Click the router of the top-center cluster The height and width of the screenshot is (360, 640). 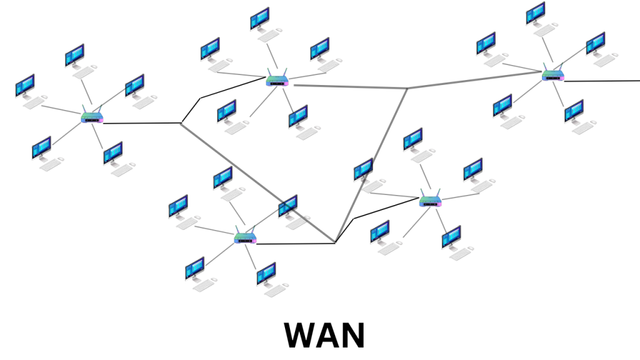click(276, 81)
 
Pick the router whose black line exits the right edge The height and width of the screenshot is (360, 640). click(552, 76)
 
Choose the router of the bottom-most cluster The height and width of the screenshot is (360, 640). click(245, 238)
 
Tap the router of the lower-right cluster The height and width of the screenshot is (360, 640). click(431, 201)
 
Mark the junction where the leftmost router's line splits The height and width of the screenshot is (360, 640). click(181, 123)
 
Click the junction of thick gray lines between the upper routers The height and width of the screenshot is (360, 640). click(407, 88)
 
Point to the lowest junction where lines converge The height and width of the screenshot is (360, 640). click(335, 242)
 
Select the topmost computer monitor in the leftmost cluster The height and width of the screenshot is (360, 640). click(74, 55)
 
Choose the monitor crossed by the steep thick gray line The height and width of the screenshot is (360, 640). click(363, 169)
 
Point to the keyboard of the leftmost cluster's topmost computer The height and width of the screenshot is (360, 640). click(83, 72)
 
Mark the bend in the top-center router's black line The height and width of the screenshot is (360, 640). click(200, 98)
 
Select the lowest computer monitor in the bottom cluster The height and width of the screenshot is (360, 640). click(266, 272)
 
